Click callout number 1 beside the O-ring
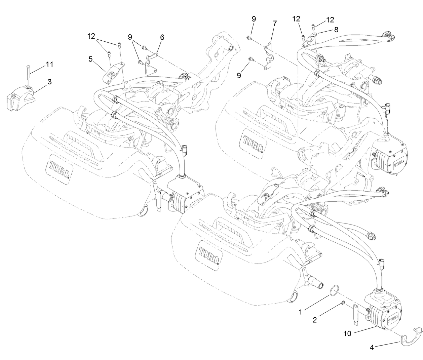point(301,312)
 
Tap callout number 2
point(315,320)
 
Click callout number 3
point(49,81)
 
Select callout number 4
point(372,348)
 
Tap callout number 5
point(90,59)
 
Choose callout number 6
point(162,37)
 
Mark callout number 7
point(275,24)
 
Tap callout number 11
point(49,64)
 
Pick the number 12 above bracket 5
point(91,36)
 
